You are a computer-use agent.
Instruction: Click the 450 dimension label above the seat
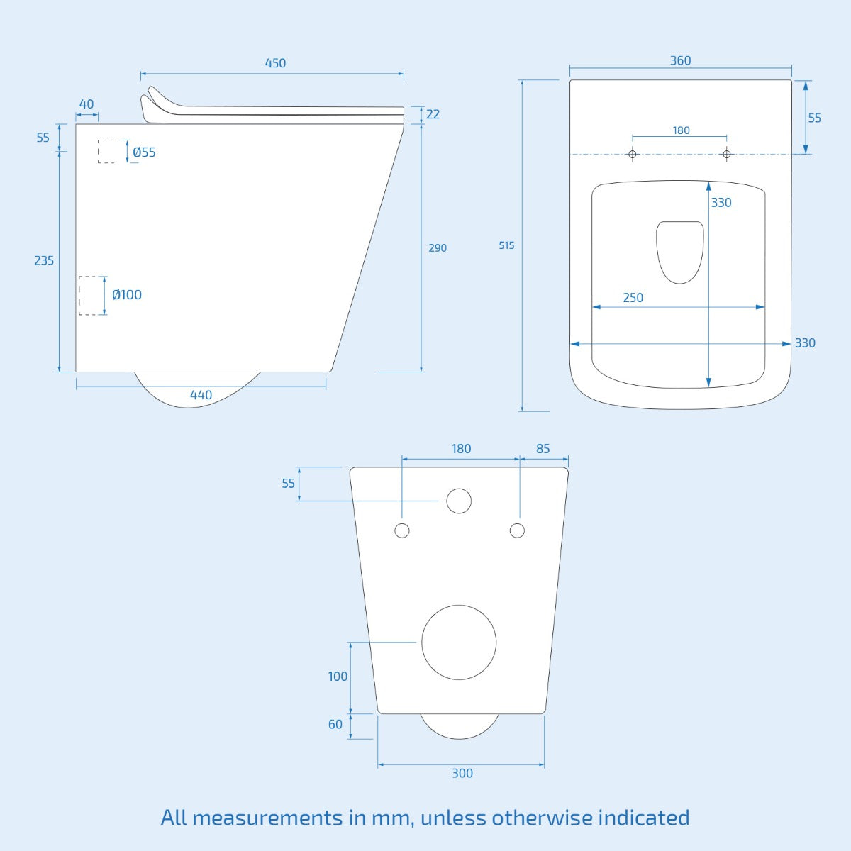[275, 63]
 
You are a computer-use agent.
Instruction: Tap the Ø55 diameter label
[144, 152]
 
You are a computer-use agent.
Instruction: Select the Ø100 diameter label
[127, 295]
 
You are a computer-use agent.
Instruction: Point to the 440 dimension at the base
[201, 395]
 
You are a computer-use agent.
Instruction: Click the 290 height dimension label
[438, 248]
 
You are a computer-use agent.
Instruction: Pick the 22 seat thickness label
[433, 114]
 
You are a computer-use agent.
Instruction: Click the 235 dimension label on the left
[44, 261]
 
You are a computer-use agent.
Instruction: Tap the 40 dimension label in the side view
[87, 105]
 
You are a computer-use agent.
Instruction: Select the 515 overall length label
[506, 245]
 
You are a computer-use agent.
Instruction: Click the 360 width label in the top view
[680, 61]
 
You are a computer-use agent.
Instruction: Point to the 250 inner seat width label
[633, 298]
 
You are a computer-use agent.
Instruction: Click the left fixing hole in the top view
[633, 155]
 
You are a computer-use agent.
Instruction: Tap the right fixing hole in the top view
[726, 155]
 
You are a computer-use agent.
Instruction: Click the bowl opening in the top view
[680, 251]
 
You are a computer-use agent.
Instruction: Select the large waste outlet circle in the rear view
[459, 643]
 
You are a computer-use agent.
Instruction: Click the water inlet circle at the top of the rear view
[459, 501]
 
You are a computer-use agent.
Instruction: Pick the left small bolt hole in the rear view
[402, 530]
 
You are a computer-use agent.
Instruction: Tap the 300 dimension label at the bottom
[462, 774]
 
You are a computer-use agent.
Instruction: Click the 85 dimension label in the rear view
[543, 449]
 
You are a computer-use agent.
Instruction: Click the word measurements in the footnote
[267, 818]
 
